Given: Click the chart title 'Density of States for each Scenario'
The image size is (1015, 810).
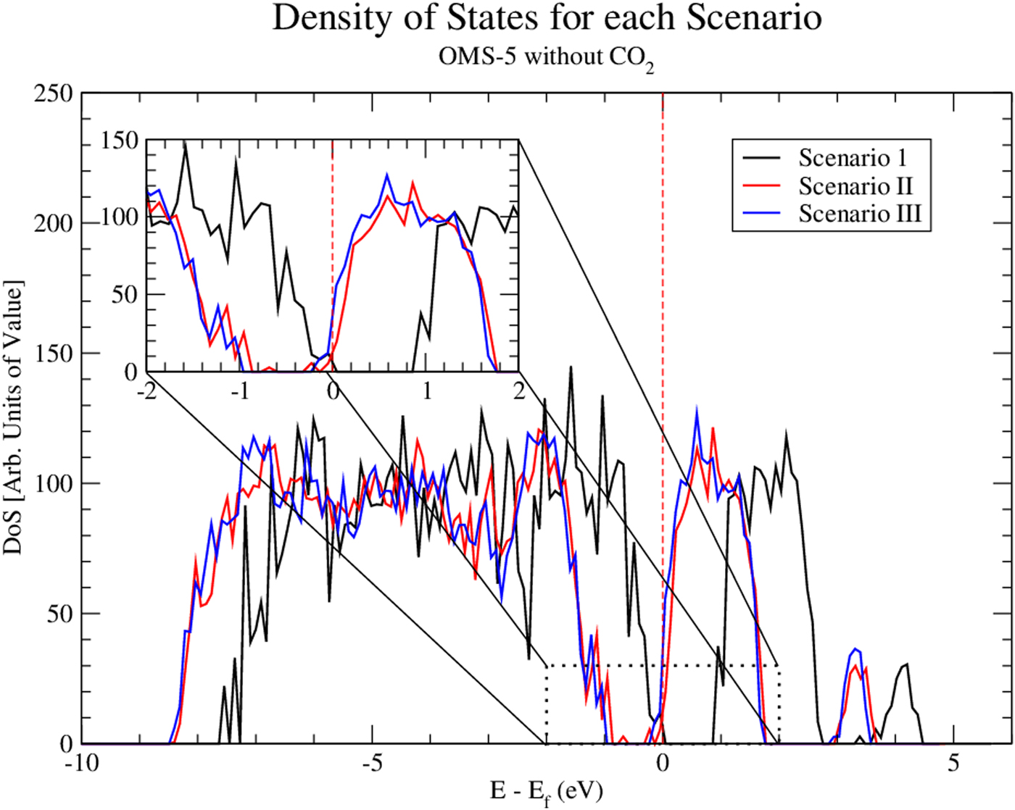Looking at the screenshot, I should (547, 19).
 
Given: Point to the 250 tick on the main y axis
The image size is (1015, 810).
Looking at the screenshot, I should (54, 93).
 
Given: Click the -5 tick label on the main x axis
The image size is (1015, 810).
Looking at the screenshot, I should (372, 764).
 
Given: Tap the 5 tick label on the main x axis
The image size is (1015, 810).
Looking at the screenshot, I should (954, 764).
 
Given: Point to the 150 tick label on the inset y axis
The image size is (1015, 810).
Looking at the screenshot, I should (119, 141).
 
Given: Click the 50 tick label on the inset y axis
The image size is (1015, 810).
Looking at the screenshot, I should (125, 295).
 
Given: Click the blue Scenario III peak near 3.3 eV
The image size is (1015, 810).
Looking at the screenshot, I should (856, 649).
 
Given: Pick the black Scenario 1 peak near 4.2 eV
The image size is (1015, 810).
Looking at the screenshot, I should (906, 664).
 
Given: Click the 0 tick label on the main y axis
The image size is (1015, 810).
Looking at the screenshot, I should (67, 744).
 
